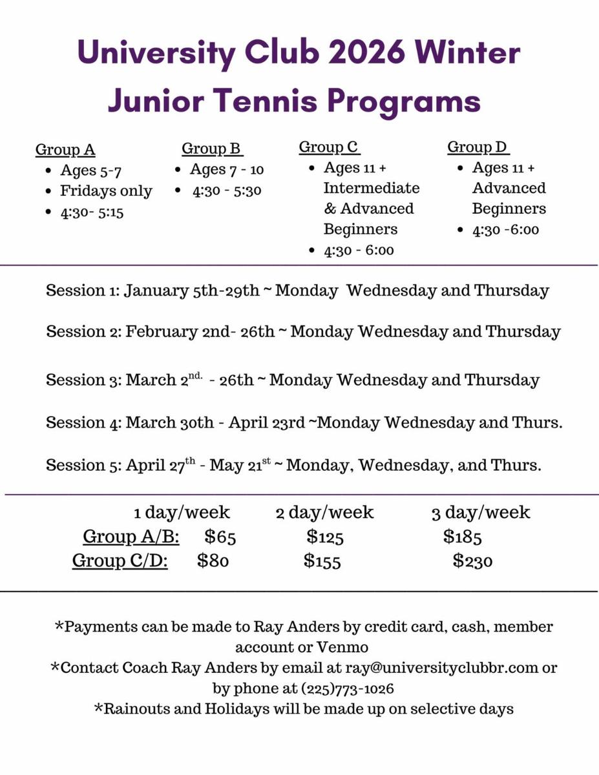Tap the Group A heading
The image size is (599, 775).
pyautogui.click(x=65, y=150)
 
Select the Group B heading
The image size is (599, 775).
pyautogui.click(x=212, y=149)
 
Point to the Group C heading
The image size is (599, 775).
pyautogui.click(x=328, y=148)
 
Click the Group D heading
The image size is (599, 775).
pyautogui.click(x=478, y=148)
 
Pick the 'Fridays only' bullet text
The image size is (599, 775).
pyautogui.click(x=106, y=191)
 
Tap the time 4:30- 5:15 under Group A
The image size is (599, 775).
pyautogui.click(x=92, y=212)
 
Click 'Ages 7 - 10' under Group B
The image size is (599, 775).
pyautogui.click(x=227, y=170)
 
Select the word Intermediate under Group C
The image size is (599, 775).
pyautogui.click(x=371, y=189)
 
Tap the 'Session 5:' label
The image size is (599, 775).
pyautogui.click(x=83, y=465)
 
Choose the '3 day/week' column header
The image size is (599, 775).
pyautogui.click(x=481, y=513)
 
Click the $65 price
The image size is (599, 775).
pyautogui.click(x=220, y=537)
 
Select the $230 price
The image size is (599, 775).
pyautogui.click(x=472, y=561)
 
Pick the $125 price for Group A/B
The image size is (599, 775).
pyautogui.click(x=325, y=537)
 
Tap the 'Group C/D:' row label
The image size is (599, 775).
pyautogui.click(x=120, y=561)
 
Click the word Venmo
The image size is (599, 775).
pyautogui.click(x=342, y=646)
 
